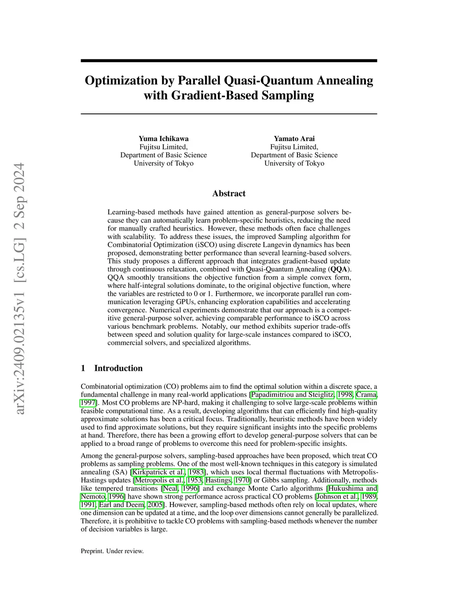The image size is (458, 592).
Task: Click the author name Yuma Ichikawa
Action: click(x=163, y=139)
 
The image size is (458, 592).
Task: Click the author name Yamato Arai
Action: click(x=294, y=139)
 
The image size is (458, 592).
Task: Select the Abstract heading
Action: click(x=229, y=193)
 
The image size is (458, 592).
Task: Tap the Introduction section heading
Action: click(x=118, y=368)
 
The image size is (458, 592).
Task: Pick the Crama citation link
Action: click(x=366, y=395)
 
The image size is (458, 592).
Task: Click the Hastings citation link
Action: click(x=218, y=480)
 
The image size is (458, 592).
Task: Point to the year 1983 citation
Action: click(x=196, y=472)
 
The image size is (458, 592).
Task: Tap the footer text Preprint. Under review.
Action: click(x=112, y=551)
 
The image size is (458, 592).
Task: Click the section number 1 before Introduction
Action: click(x=83, y=368)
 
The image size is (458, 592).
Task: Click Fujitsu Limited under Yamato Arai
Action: click(x=294, y=147)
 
